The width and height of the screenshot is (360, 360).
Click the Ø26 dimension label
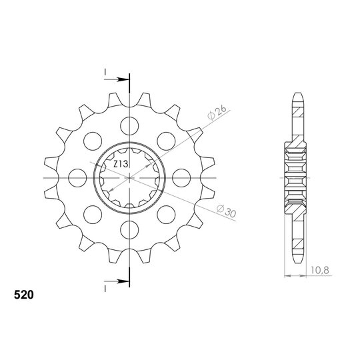tap(217, 113)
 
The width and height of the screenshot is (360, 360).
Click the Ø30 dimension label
tap(227, 211)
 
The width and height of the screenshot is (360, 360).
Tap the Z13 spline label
tap(121, 164)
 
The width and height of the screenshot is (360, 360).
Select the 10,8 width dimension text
tap(320, 270)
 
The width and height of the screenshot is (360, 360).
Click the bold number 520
tap(23, 295)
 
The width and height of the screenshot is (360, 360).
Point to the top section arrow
tap(116, 80)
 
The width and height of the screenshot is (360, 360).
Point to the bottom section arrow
tap(116, 281)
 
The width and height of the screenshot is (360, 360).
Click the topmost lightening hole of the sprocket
tap(129, 126)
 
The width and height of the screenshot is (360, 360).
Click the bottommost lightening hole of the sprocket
tap(129, 230)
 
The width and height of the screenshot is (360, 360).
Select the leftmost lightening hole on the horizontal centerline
tap(77, 178)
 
